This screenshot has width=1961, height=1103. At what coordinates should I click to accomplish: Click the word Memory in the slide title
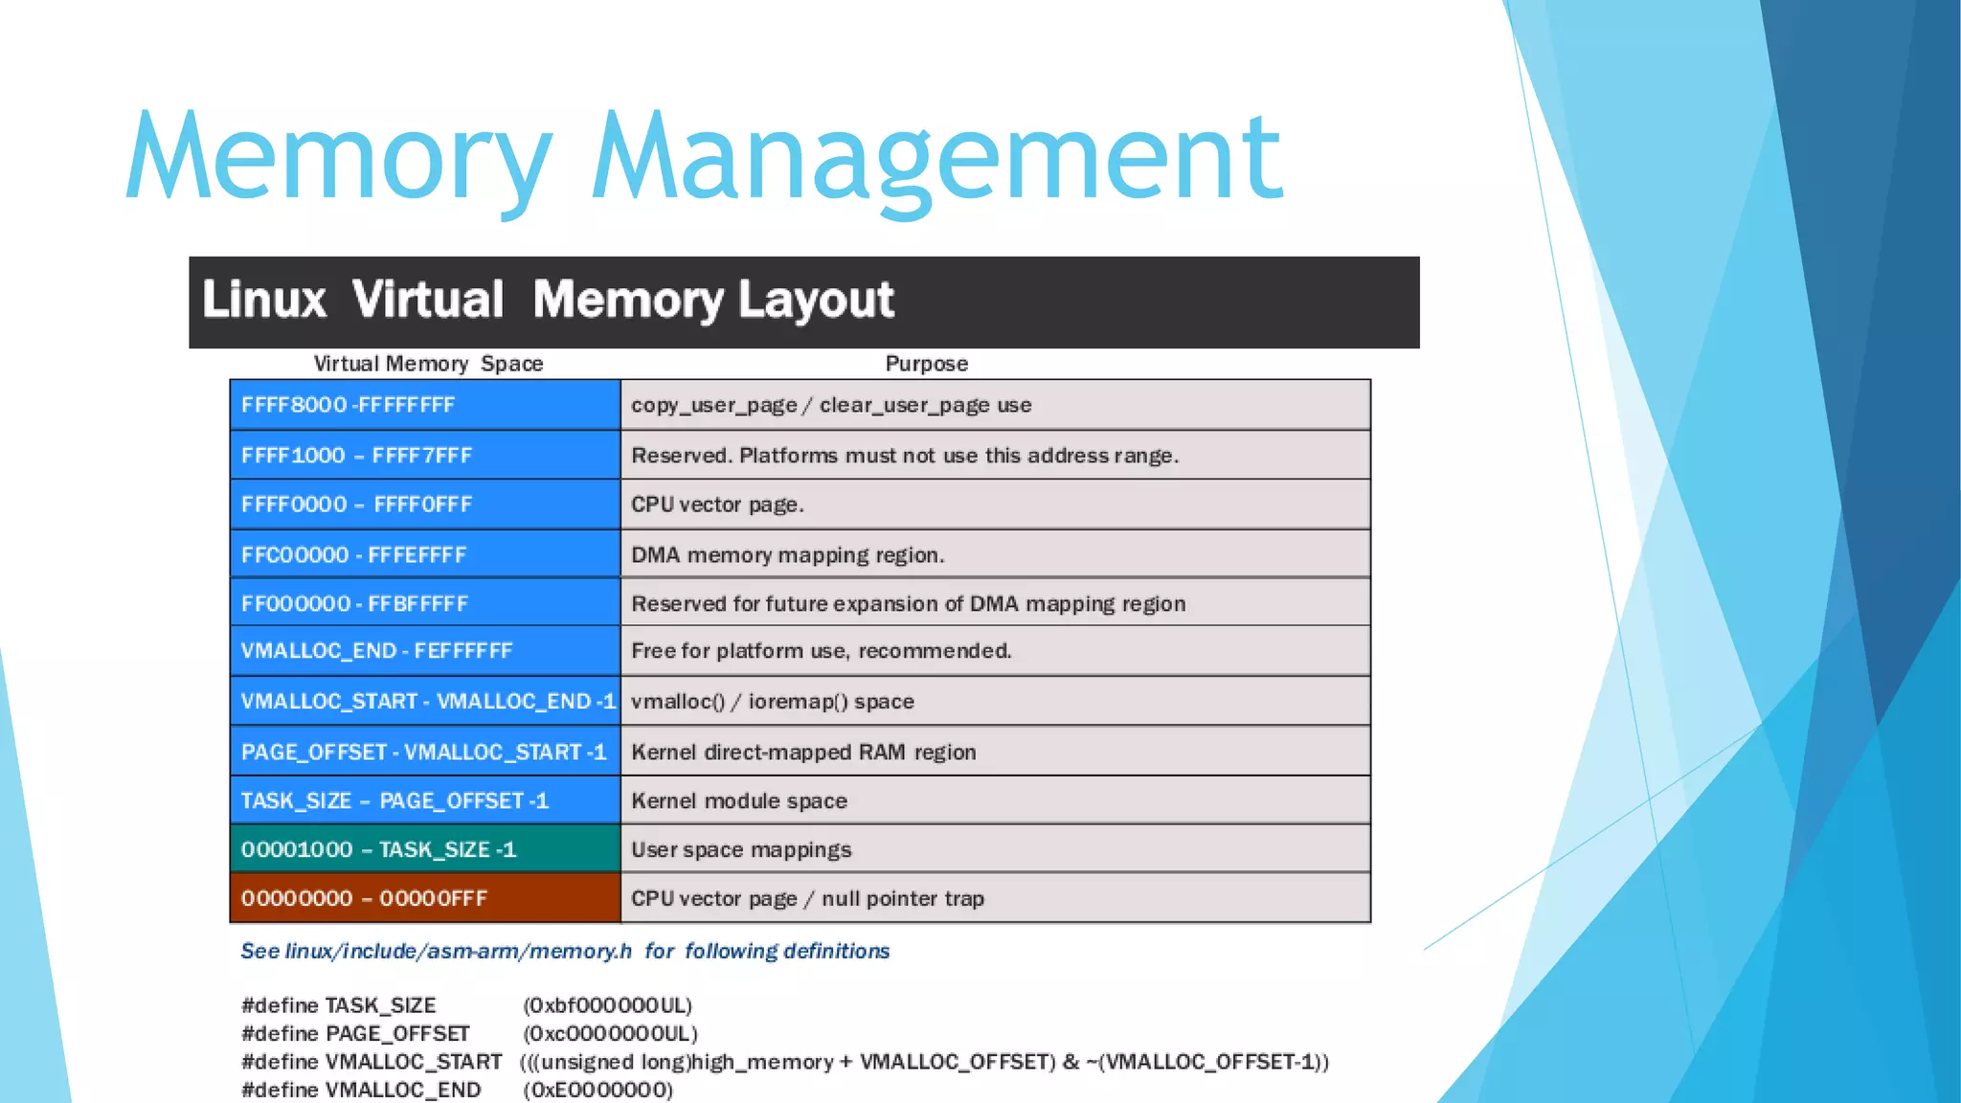[339, 158]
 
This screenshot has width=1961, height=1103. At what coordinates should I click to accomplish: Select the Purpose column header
[926, 364]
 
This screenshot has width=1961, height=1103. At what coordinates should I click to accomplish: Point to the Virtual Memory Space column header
[428, 364]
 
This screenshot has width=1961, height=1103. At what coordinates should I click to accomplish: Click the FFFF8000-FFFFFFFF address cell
[425, 405]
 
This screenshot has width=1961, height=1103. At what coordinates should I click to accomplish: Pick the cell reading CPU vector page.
[995, 505]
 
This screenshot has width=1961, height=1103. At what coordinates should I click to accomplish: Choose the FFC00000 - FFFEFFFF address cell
[425, 554]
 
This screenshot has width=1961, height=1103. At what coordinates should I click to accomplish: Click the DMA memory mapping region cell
[995, 554]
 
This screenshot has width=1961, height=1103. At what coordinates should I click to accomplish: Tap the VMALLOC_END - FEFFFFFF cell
[425, 651]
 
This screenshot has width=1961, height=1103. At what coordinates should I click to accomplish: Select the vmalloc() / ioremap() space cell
[995, 701]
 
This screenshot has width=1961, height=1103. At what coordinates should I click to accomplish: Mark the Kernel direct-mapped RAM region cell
[995, 752]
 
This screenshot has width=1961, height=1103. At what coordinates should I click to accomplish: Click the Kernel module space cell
[995, 800]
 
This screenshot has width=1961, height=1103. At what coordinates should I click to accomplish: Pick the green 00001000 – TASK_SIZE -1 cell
[425, 849]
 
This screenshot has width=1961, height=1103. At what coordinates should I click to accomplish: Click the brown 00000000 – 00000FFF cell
[425, 898]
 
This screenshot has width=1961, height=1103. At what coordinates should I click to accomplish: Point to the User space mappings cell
[995, 849]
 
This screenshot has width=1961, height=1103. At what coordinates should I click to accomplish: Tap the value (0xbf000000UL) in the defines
[607, 1005]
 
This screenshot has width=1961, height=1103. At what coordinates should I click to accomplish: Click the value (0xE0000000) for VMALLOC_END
[597, 1090]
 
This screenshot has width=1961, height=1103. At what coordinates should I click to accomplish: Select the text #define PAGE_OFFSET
[355, 1034]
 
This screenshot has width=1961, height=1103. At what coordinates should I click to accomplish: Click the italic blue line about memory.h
[565, 951]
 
